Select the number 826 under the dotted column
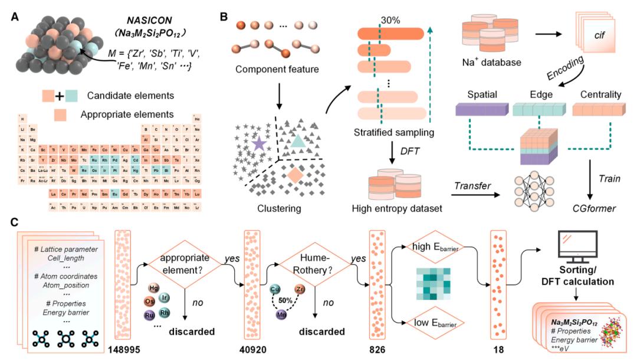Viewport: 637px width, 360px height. coord(378,348)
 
